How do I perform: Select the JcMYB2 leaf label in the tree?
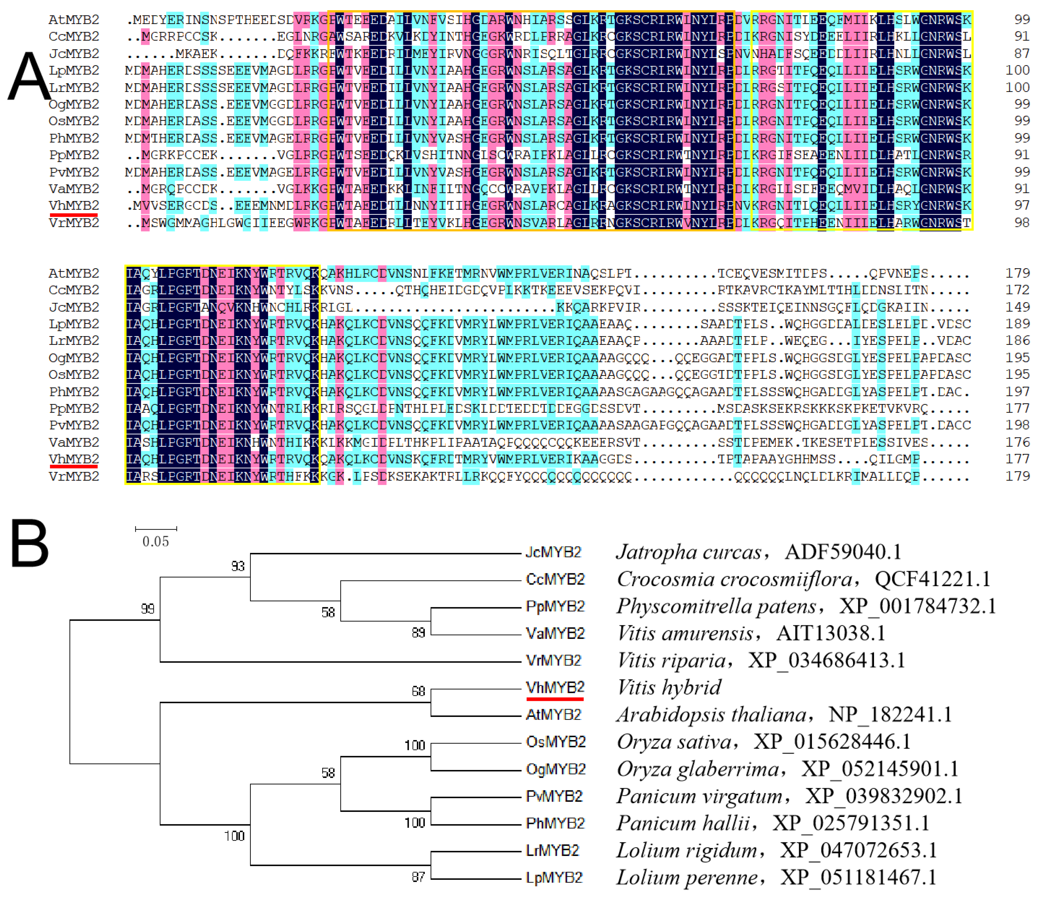pyautogui.click(x=553, y=552)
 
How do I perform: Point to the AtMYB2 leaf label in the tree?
pyautogui.click(x=553, y=714)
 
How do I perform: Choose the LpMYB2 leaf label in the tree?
pyautogui.click(x=554, y=878)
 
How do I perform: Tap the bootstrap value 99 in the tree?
pyautogui.click(x=148, y=609)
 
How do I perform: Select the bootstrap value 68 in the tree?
pyautogui.click(x=418, y=691)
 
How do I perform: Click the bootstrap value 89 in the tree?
pyautogui.click(x=418, y=633)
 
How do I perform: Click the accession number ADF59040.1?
pyautogui.click(x=843, y=552)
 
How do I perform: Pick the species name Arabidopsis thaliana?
pyautogui.click(x=712, y=714)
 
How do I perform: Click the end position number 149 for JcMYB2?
pyautogui.click(x=1017, y=307)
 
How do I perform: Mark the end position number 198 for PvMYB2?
pyautogui.click(x=1017, y=425)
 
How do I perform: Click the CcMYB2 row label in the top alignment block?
pyautogui.click(x=74, y=36)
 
